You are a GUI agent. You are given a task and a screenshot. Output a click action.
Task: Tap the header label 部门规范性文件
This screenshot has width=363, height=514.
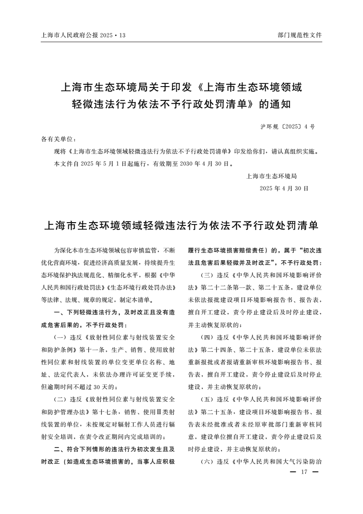click(x=300, y=35)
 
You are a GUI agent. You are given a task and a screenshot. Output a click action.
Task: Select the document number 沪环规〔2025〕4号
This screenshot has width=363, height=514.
click(x=287, y=126)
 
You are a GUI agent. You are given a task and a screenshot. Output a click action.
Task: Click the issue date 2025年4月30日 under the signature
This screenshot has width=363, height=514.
click(x=284, y=188)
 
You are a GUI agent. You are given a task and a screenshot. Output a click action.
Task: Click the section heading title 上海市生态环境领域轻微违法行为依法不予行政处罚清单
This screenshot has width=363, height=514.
click(x=181, y=226)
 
